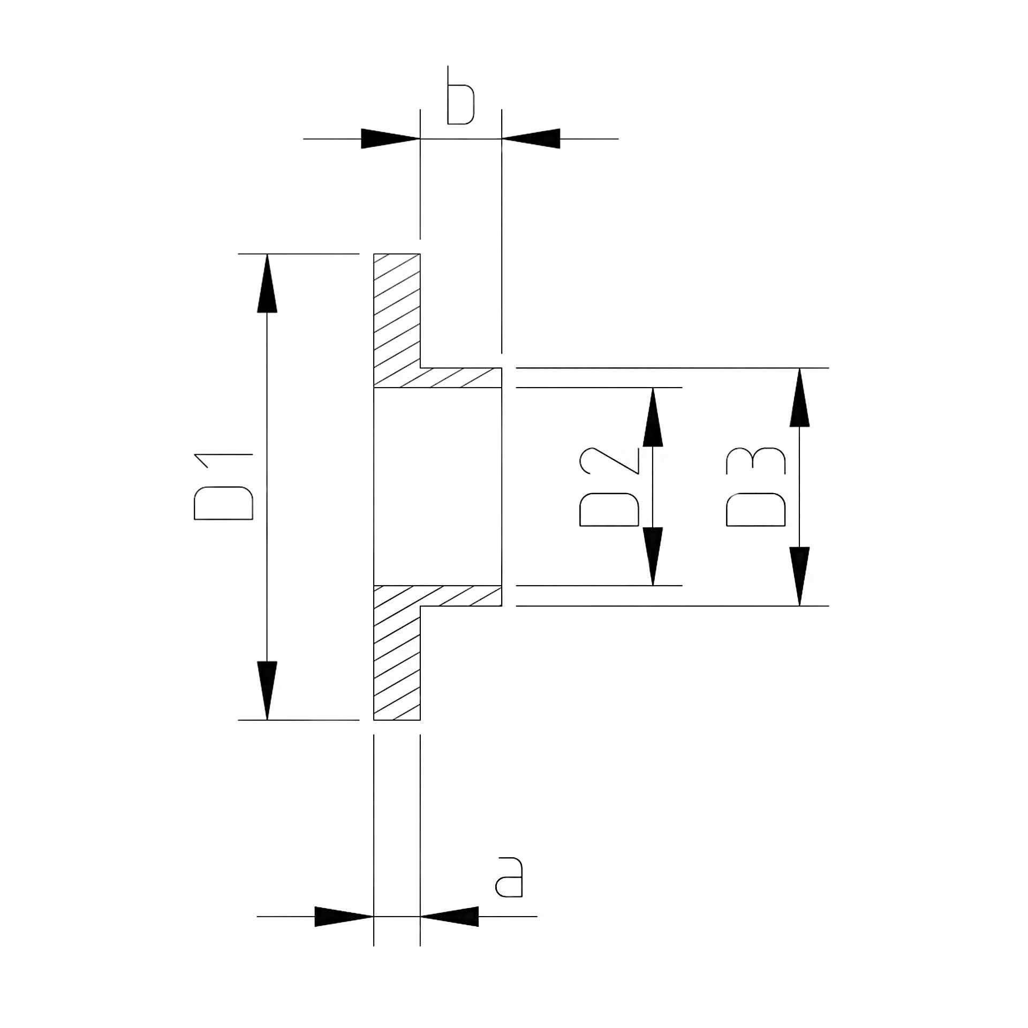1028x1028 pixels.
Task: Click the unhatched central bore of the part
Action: tap(437, 486)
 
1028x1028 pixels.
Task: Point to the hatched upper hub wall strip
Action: tap(460, 377)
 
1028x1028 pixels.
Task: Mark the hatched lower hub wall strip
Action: tap(460, 595)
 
